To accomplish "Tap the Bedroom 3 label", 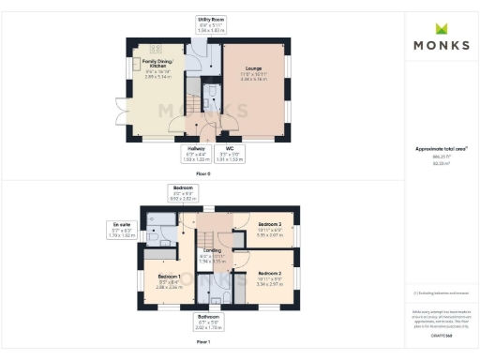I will pyautogui.click(x=269, y=225).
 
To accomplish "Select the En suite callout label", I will pyautogui.click(x=120, y=226).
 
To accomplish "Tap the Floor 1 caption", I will pyautogui.click(x=204, y=341).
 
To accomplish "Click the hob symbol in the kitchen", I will pyautogui.click(x=156, y=48).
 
